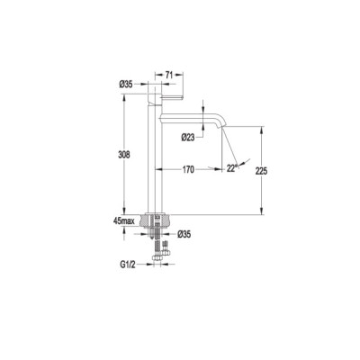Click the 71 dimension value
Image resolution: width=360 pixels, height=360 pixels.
(x=169, y=75)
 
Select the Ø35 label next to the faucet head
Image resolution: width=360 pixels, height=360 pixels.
(x=126, y=85)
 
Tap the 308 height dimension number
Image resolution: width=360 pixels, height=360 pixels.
(x=124, y=155)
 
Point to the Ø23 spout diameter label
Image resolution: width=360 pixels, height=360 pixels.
(x=188, y=138)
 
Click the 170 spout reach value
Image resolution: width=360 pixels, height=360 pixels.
(x=188, y=169)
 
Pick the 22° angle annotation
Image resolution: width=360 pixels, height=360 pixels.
(x=231, y=168)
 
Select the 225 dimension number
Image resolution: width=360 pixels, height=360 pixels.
(x=261, y=171)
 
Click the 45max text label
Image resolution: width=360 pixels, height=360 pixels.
(x=124, y=221)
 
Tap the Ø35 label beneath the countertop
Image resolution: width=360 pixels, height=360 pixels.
(x=184, y=234)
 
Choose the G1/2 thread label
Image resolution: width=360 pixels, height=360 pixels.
(x=128, y=265)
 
